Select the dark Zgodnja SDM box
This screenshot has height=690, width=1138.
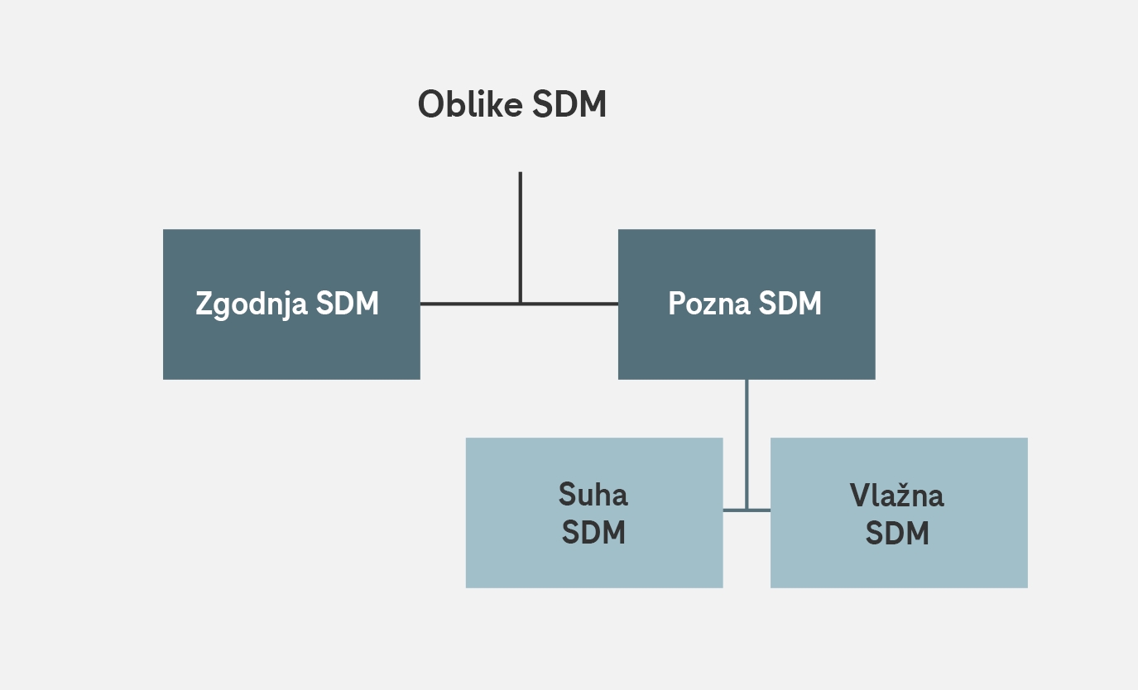point(291,304)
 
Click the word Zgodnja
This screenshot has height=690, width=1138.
point(251,304)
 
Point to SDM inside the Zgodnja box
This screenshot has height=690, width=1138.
point(347,303)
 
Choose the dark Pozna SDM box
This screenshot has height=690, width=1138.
point(747,304)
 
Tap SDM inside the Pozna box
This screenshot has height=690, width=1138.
point(790,303)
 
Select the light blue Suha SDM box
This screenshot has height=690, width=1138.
point(594,513)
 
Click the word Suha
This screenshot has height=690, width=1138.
point(593,494)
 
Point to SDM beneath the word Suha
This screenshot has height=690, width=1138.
point(593,532)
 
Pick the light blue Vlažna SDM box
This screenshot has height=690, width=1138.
point(899,513)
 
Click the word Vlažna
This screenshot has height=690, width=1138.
point(896,495)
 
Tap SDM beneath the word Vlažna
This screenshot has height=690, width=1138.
point(897,533)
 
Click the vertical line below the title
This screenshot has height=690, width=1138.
point(521,237)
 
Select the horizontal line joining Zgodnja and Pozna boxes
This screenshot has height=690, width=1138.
point(519,304)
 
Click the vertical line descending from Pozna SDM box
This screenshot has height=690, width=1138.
point(747,445)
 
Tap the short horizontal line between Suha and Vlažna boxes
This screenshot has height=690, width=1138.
point(747,510)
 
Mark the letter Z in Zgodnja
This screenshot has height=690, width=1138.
point(204,303)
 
